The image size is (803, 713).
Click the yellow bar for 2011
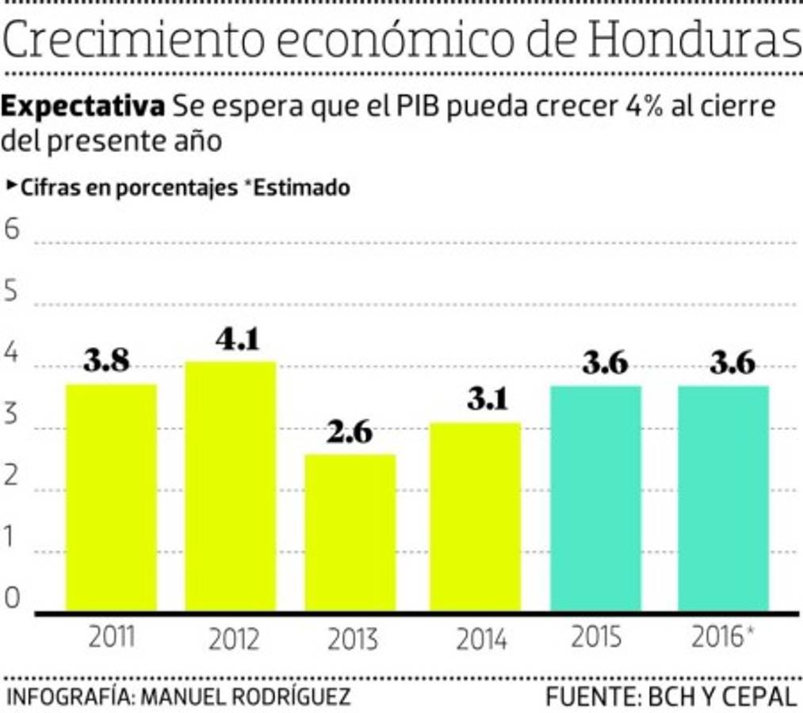point(111,498)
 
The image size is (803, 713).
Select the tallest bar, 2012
point(231,486)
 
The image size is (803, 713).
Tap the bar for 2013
point(350,532)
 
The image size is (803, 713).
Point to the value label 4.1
point(238,340)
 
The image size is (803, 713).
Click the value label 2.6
point(350,433)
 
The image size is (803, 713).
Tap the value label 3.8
point(107,362)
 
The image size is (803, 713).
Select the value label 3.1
point(487,400)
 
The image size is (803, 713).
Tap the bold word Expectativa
point(83,105)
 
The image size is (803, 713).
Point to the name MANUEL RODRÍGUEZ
point(245,697)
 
